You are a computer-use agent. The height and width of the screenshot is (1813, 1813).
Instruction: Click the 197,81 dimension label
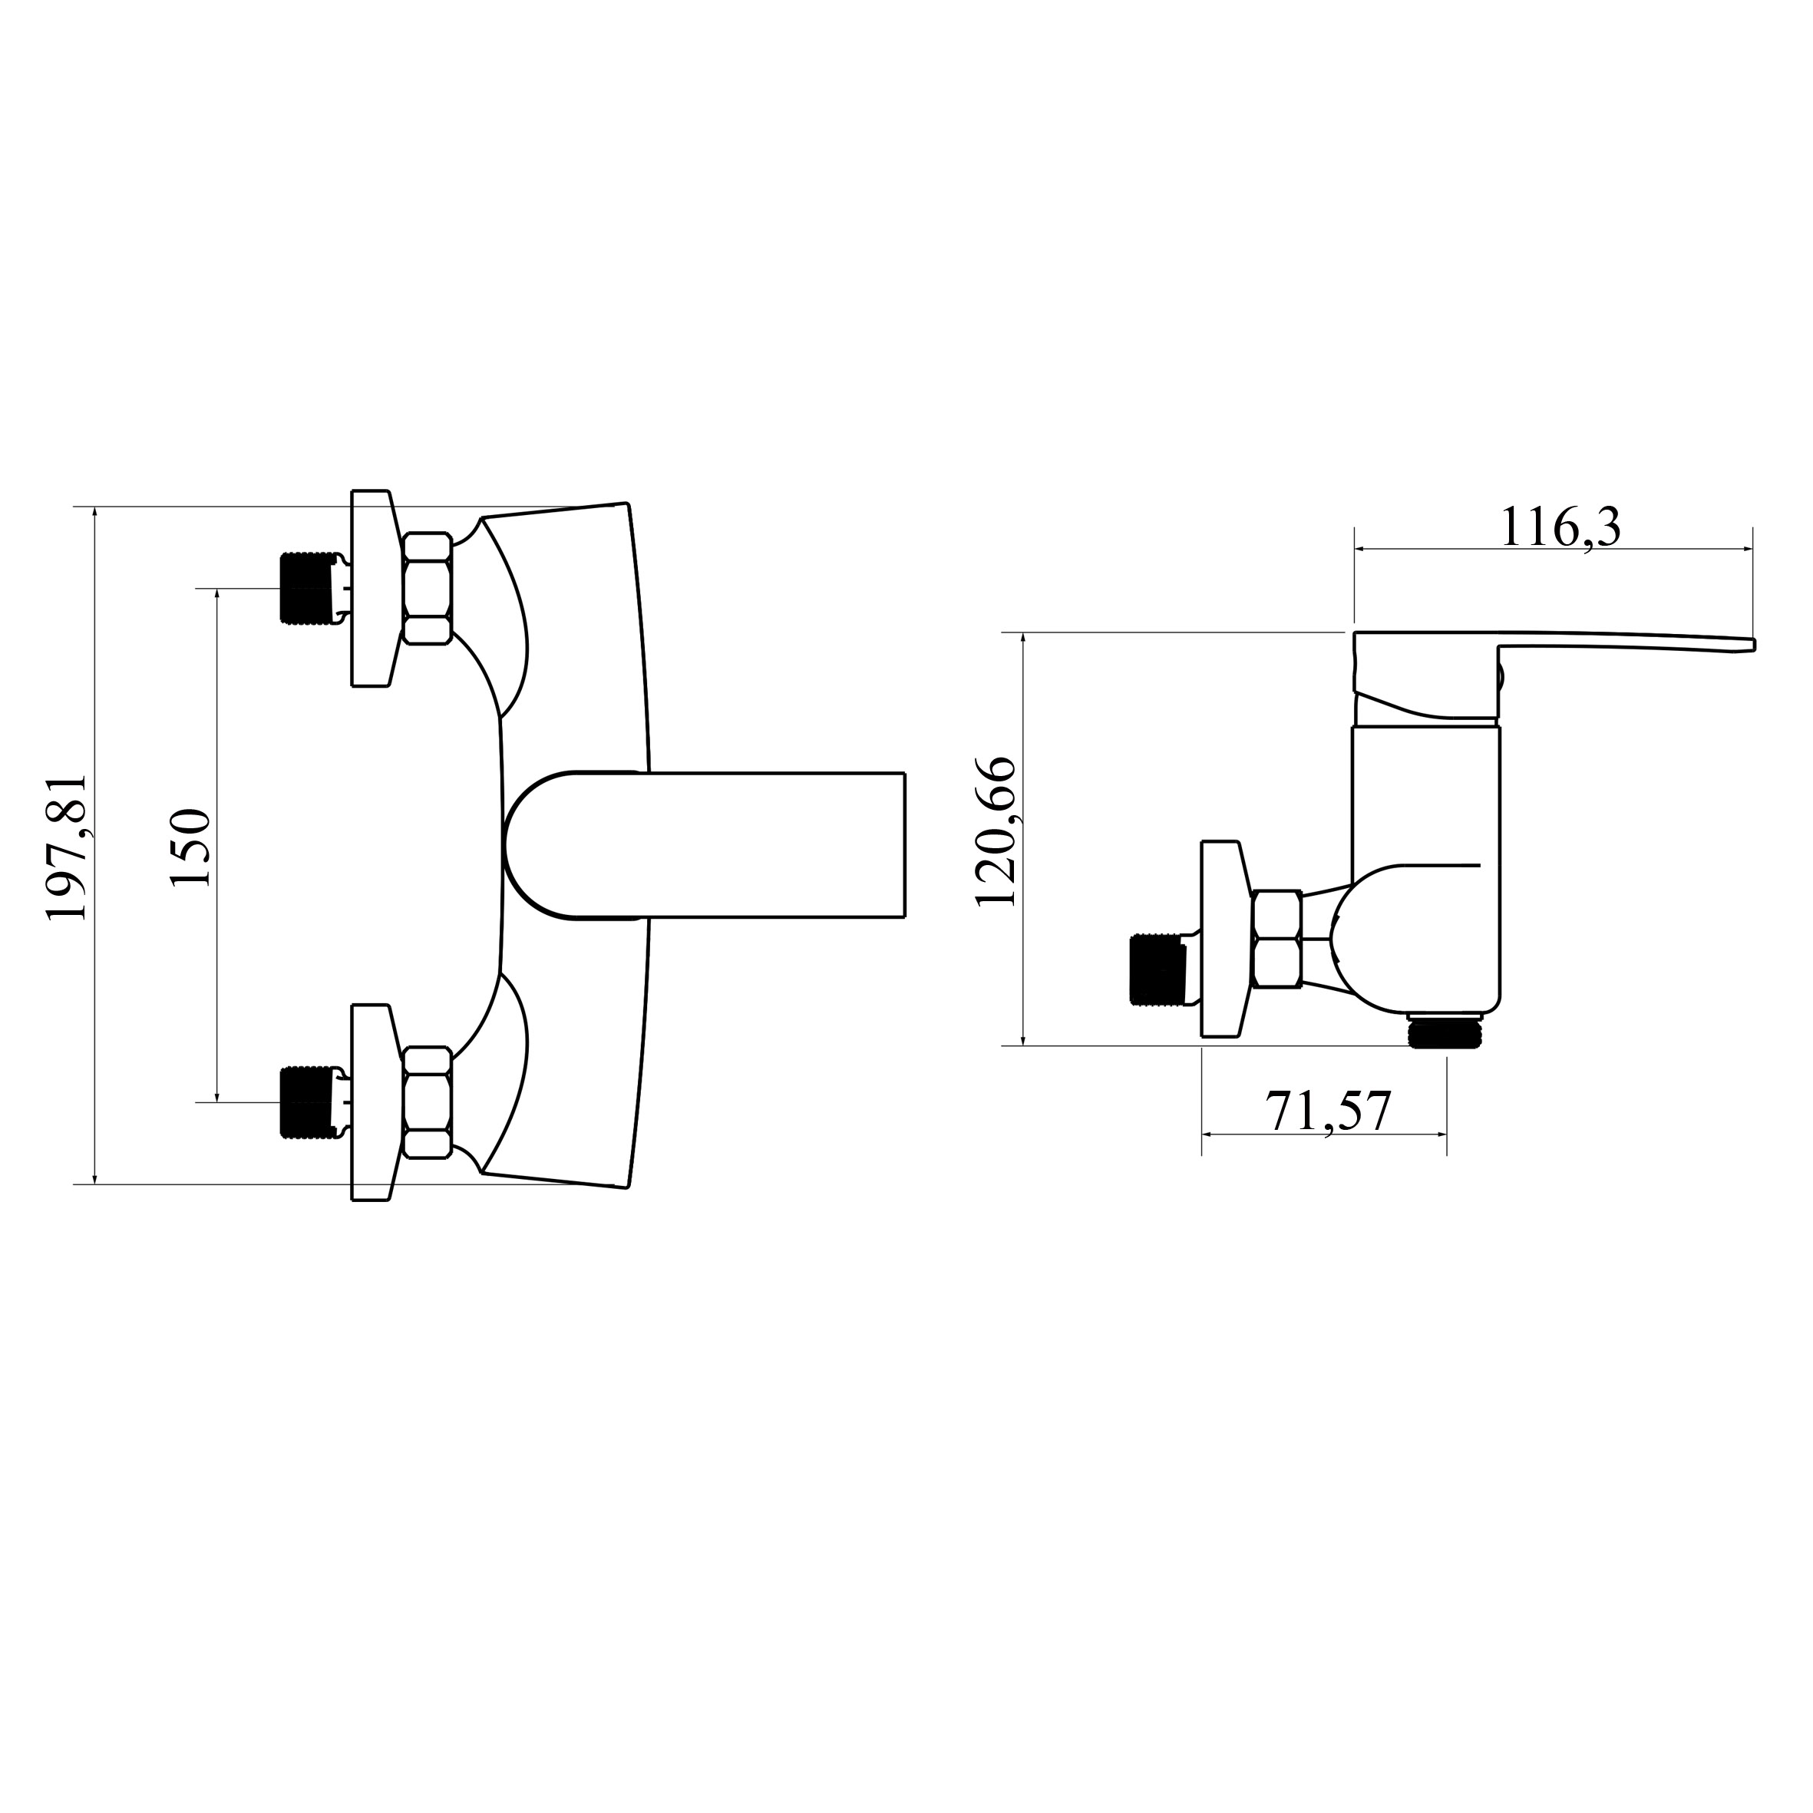coord(68,847)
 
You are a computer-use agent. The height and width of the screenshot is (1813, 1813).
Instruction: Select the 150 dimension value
coord(190,847)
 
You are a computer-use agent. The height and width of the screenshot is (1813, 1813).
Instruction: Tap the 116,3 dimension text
coord(1560,528)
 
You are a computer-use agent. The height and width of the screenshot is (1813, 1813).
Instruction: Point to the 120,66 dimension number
coord(996,831)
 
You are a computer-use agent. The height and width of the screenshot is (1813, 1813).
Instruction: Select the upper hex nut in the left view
coord(428,589)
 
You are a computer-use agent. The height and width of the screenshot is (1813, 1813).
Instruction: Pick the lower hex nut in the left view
coord(428,1103)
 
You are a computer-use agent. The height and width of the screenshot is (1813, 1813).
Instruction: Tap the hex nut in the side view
coord(1277,939)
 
